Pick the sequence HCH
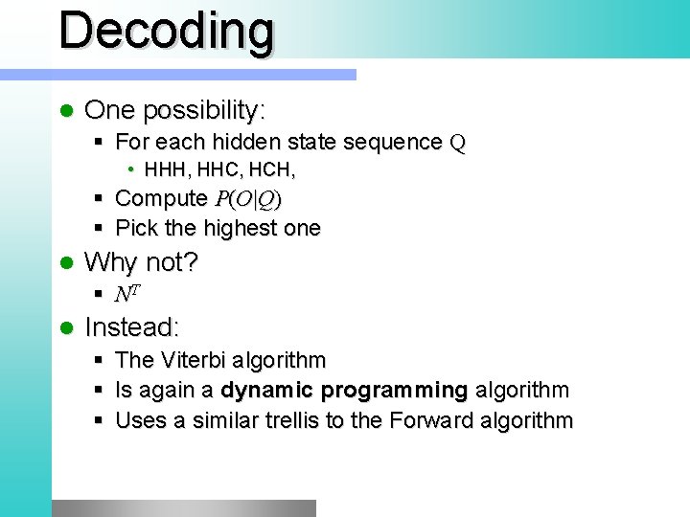point(271,170)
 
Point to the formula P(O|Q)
point(247,199)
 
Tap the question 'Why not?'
point(141,261)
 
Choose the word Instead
point(131,327)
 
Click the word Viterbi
point(195,360)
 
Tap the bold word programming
point(395,391)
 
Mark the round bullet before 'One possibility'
point(66,111)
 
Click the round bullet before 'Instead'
point(66,328)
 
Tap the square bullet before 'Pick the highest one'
point(100,229)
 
